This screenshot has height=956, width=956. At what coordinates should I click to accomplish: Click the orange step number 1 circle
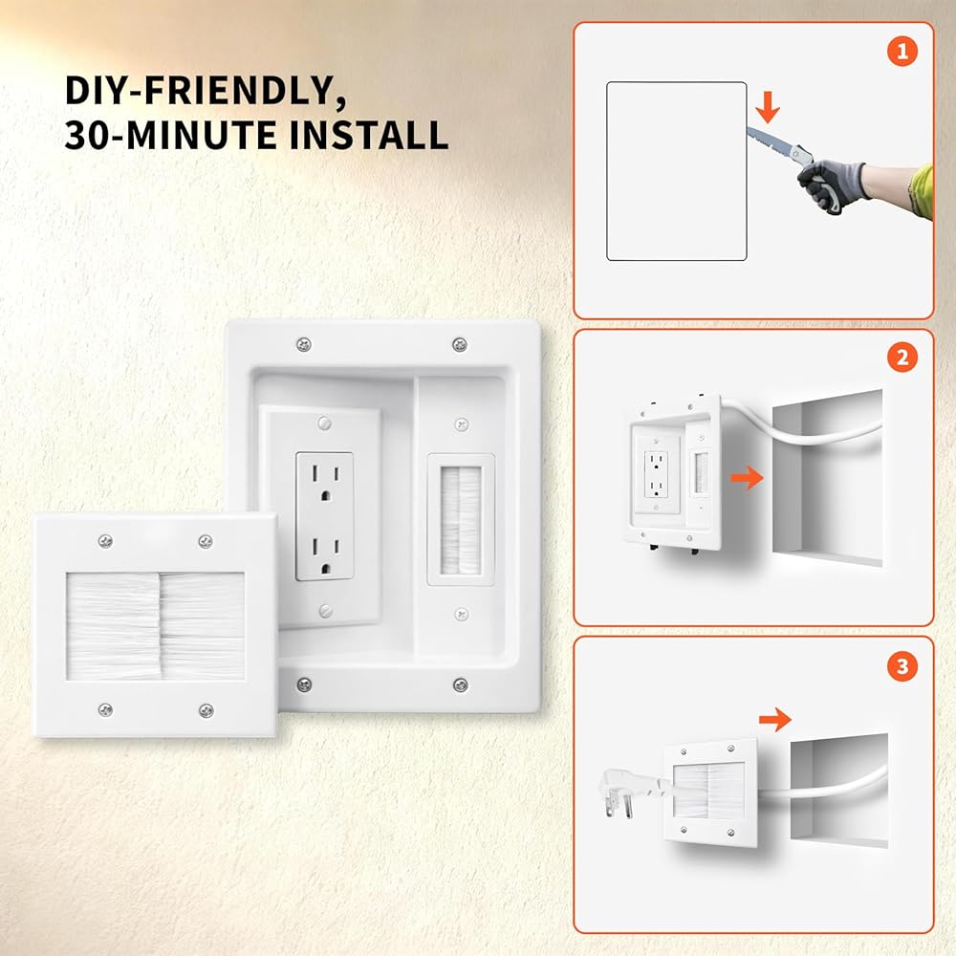click(x=902, y=52)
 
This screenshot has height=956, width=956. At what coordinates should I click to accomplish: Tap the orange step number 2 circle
click(x=902, y=358)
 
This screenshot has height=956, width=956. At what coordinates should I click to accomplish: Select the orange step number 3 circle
click(x=902, y=666)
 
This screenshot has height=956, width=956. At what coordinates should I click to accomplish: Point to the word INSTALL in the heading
click(x=368, y=136)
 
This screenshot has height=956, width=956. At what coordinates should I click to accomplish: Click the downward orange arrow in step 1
click(x=768, y=106)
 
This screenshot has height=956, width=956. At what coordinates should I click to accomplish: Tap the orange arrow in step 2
click(x=747, y=477)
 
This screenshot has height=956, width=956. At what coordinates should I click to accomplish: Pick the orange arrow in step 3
click(x=775, y=720)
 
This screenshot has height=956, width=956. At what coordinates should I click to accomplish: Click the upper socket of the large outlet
click(x=325, y=482)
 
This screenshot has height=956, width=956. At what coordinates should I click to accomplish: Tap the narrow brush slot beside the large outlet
click(x=461, y=520)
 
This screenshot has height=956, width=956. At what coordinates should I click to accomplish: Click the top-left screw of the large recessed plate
click(x=304, y=344)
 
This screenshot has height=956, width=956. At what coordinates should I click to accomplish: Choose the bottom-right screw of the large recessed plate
click(x=461, y=684)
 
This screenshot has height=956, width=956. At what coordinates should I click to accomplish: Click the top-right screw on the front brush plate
click(x=206, y=541)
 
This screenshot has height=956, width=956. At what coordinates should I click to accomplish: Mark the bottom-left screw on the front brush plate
click(x=105, y=709)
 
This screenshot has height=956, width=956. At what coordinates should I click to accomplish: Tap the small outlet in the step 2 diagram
click(x=656, y=474)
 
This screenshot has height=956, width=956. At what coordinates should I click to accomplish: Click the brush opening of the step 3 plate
click(x=708, y=792)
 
